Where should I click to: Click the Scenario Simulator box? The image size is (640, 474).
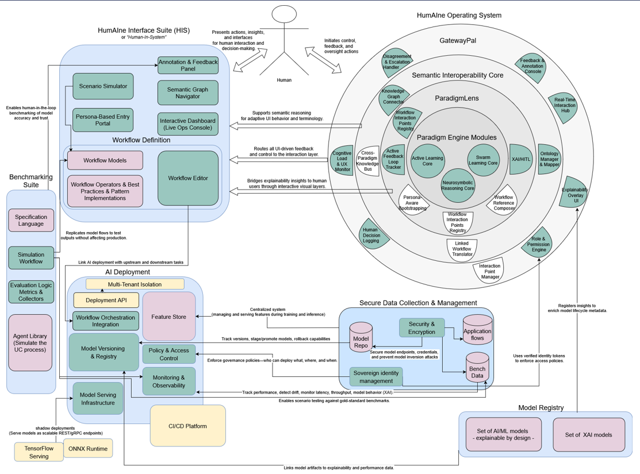point(103,86)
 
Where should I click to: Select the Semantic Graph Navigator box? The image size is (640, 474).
point(188,93)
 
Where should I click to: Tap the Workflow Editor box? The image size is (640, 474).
point(188,178)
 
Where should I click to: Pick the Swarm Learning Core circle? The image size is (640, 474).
point(483,160)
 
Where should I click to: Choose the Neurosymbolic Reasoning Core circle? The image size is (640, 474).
point(458,185)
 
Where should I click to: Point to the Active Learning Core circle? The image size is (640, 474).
point(427,161)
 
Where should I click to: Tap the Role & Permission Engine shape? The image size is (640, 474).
point(537,244)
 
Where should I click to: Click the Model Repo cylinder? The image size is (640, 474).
point(361,339)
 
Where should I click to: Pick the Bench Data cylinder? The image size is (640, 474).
point(477,369)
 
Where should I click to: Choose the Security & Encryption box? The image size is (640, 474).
point(423,328)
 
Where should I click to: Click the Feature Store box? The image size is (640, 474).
point(168,317)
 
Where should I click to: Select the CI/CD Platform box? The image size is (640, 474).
point(187,426)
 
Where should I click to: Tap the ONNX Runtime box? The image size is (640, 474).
point(88,449)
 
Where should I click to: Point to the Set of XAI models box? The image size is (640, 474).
point(588,434)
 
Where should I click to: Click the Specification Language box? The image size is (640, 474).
point(31,220)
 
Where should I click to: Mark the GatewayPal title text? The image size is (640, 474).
point(458,41)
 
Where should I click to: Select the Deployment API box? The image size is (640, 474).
point(106,300)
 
